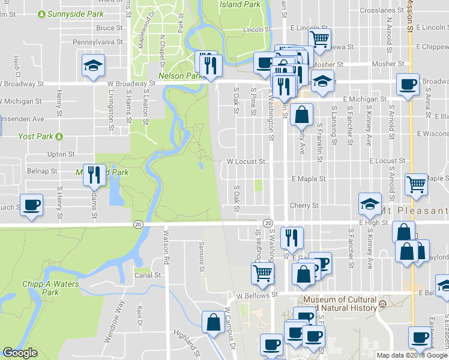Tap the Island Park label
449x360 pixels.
pyautogui.click(x=240, y=4)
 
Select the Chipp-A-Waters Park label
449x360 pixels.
pyautogui.click(x=50, y=287)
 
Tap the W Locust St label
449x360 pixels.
pyautogui.click(x=246, y=161)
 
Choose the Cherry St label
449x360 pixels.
pyautogui.click(x=304, y=205)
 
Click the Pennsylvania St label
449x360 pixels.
pyautogui.click(x=97, y=42)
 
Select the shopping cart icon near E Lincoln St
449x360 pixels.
pyautogui.click(x=320, y=39)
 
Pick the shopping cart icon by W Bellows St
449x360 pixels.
pyautogui.click(x=262, y=273)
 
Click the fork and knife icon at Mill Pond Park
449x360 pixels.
pyautogui.click(x=94, y=175)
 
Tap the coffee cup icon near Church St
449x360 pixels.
pyautogui.click(x=31, y=205)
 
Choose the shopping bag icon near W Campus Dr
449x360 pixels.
pyautogui.click(x=213, y=322)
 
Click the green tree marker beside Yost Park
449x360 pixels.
pyautogui.click(x=59, y=136)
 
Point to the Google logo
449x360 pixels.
pyautogui.click(x=20, y=353)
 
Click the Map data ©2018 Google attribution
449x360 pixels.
pyautogui.click(x=412, y=355)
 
